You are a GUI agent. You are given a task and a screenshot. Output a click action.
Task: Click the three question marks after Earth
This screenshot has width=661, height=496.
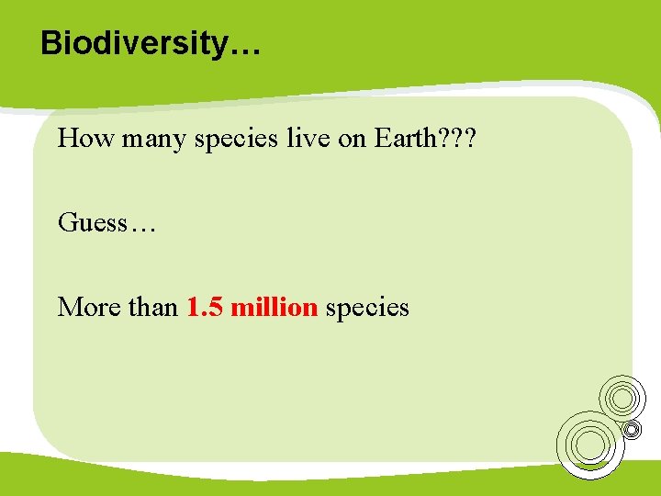456,139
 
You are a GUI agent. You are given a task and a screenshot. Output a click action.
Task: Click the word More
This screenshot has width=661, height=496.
90,307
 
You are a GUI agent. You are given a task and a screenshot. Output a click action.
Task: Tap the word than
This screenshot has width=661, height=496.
153,307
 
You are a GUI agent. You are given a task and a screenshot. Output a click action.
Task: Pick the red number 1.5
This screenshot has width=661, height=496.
206,307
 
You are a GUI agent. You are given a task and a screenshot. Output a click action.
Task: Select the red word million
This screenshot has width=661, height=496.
274,307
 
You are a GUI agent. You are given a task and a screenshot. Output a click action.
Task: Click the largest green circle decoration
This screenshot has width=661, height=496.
589,445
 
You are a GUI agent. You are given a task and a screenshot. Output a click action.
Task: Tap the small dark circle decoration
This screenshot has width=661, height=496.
632,429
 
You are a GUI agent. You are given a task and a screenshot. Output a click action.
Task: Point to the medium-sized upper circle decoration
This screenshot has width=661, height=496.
622,398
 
